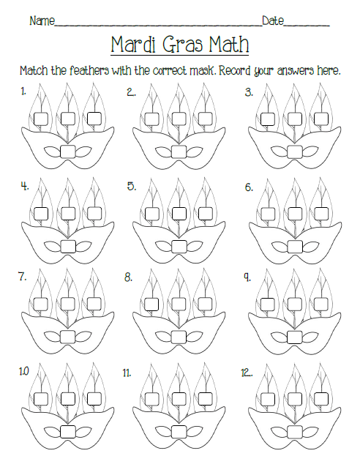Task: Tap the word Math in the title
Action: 223,45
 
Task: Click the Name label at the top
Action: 42,21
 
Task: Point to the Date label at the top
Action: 271,21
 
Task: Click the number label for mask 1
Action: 24,91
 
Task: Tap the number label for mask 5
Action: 132,186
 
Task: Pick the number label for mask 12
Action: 247,373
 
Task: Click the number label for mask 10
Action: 25,372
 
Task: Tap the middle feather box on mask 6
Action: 295,212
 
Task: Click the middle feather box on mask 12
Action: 295,399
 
